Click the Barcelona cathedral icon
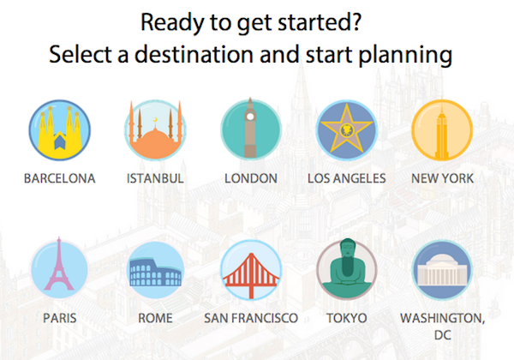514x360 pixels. coord(60,129)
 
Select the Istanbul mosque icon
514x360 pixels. coord(155,129)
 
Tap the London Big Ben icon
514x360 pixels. coord(251,129)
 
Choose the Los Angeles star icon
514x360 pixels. coord(346,129)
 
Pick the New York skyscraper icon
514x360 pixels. coord(442,129)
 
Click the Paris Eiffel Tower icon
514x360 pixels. coord(59,268)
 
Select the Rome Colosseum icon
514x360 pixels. coord(155,270)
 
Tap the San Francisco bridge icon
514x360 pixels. coord(251,270)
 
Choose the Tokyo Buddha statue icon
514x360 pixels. coord(346,269)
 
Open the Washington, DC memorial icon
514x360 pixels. coord(442,270)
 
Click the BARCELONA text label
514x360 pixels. coord(60,178)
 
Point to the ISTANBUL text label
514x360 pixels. coord(155,178)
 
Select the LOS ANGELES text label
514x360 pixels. coord(346,178)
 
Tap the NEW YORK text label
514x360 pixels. coord(442,178)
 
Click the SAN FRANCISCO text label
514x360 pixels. coord(251,318)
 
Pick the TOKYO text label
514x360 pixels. coord(346,318)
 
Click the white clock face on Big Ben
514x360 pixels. coord(250,116)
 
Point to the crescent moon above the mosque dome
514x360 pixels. coord(155,119)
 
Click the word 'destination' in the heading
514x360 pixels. coord(194,54)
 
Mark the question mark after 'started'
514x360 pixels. coord(356,22)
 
